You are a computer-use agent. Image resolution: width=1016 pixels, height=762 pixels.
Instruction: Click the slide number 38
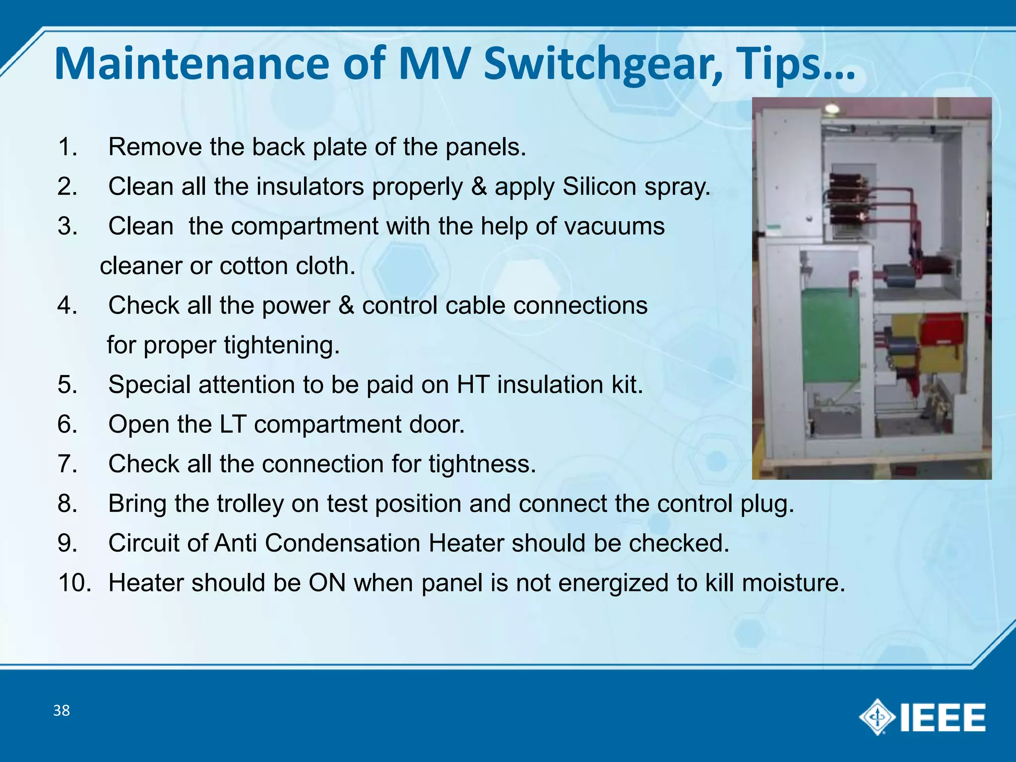tap(62, 710)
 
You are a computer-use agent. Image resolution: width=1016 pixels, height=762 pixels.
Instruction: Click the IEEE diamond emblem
tap(877, 717)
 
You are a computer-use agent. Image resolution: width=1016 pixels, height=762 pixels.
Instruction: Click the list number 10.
tap(74, 582)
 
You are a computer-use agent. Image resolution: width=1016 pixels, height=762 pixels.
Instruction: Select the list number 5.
tap(67, 384)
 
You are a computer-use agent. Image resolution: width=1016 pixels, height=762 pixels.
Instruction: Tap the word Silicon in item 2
tap(599, 187)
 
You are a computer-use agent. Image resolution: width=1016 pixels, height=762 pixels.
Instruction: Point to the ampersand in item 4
tap(346, 306)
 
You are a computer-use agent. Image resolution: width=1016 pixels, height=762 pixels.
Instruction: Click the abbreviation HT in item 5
tap(473, 384)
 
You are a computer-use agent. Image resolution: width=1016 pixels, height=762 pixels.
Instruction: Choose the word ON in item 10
tap(327, 582)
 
